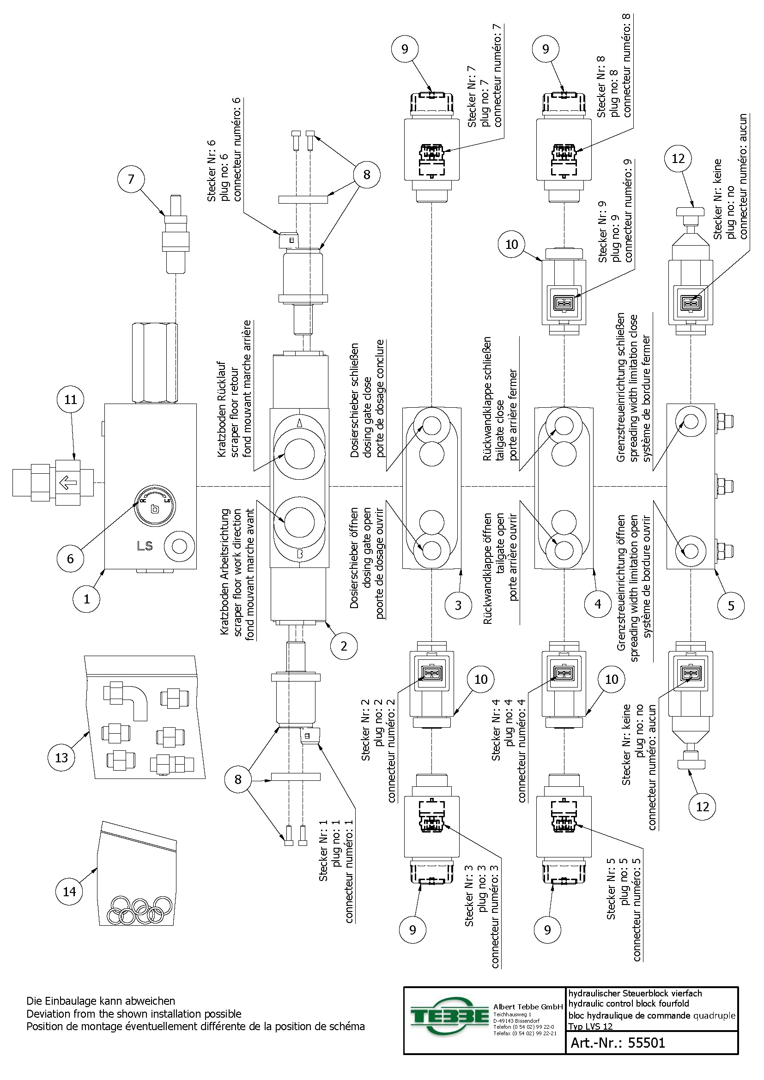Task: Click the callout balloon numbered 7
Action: point(131,179)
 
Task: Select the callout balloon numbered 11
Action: point(71,399)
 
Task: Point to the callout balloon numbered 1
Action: point(86,599)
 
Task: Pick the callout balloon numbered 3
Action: point(458,605)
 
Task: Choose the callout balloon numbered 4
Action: point(597,603)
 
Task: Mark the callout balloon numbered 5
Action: point(731,605)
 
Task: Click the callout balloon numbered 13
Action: point(61,757)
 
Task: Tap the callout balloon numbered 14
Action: point(69,891)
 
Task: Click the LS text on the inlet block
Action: point(145,546)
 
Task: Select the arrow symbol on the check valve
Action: point(69,483)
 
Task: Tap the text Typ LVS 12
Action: point(590,1026)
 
